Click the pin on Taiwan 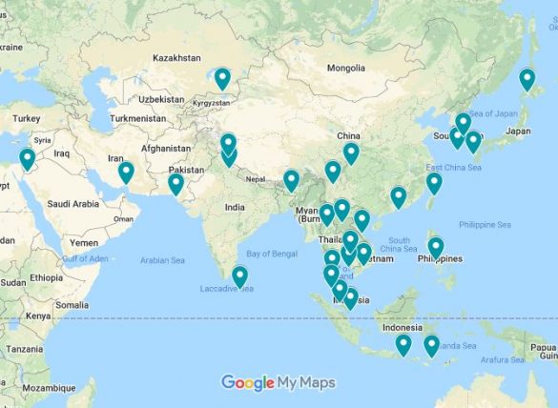point(434,183)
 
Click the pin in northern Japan point(527,79)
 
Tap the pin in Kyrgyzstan point(222,78)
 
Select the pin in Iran point(126,173)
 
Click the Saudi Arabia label point(73,203)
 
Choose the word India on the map point(235,207)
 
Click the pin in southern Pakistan point(176,183)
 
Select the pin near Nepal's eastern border point(291,180)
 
